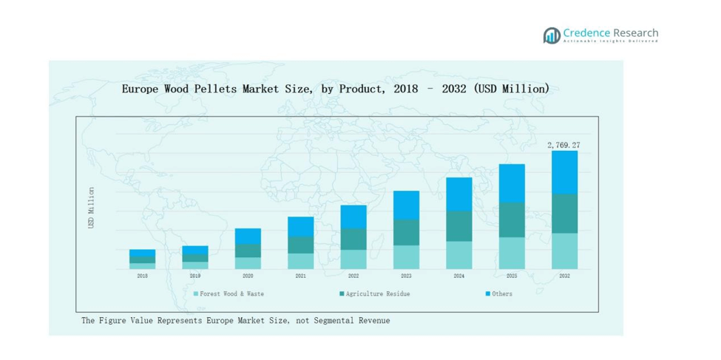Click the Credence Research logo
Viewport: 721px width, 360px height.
coord(600,35)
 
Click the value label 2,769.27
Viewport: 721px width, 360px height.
coord(563,145)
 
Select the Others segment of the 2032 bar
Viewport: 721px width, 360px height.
coord(564,172)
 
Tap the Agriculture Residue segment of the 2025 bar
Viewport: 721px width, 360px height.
coord(512,220)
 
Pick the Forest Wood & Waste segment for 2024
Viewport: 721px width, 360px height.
coord(458,254)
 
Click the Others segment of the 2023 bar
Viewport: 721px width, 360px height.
coord(406,205)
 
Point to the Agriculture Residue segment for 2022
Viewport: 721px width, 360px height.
coord(353,239)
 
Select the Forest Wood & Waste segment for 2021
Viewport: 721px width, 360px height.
coord(300,260)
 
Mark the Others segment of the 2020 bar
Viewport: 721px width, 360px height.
coord(248,236)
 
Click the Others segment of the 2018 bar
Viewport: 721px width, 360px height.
coord(142,253)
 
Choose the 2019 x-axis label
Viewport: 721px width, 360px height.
coord(195,276)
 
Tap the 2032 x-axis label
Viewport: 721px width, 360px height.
coord(564,276)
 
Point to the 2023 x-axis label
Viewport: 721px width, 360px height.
coord(406,276)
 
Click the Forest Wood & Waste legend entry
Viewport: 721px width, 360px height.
coord(229,293)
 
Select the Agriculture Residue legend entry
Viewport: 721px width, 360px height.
coord(374,293)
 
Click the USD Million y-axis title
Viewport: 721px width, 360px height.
coord(92,207)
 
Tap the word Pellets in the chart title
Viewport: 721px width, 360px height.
coord(214,89)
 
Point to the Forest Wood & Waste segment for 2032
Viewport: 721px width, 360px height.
coord(564,251)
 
